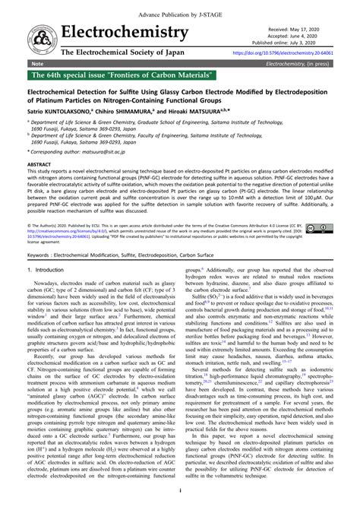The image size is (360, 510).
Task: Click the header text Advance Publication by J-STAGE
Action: click(x=179, y=7)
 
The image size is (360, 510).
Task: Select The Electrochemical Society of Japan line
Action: click(x=133, y=53)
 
